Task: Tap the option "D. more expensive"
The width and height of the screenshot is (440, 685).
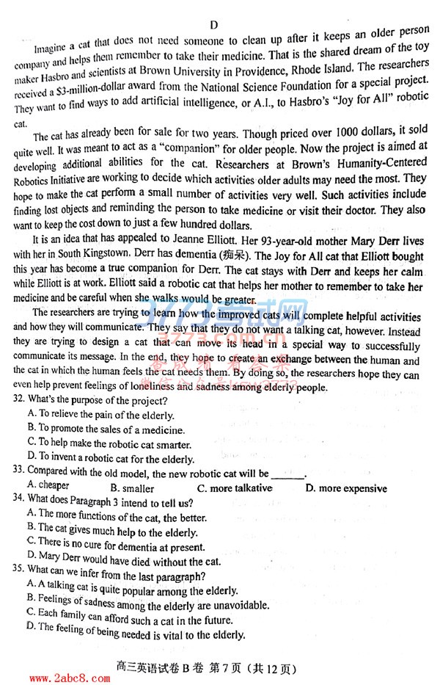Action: (346, 488)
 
